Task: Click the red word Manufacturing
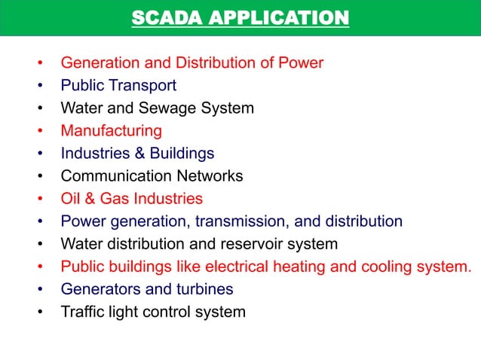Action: (x=111, y=131)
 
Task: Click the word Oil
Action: (x=70, y=199)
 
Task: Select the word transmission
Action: (x=240, y=221)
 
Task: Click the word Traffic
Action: (x=81, y=312)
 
